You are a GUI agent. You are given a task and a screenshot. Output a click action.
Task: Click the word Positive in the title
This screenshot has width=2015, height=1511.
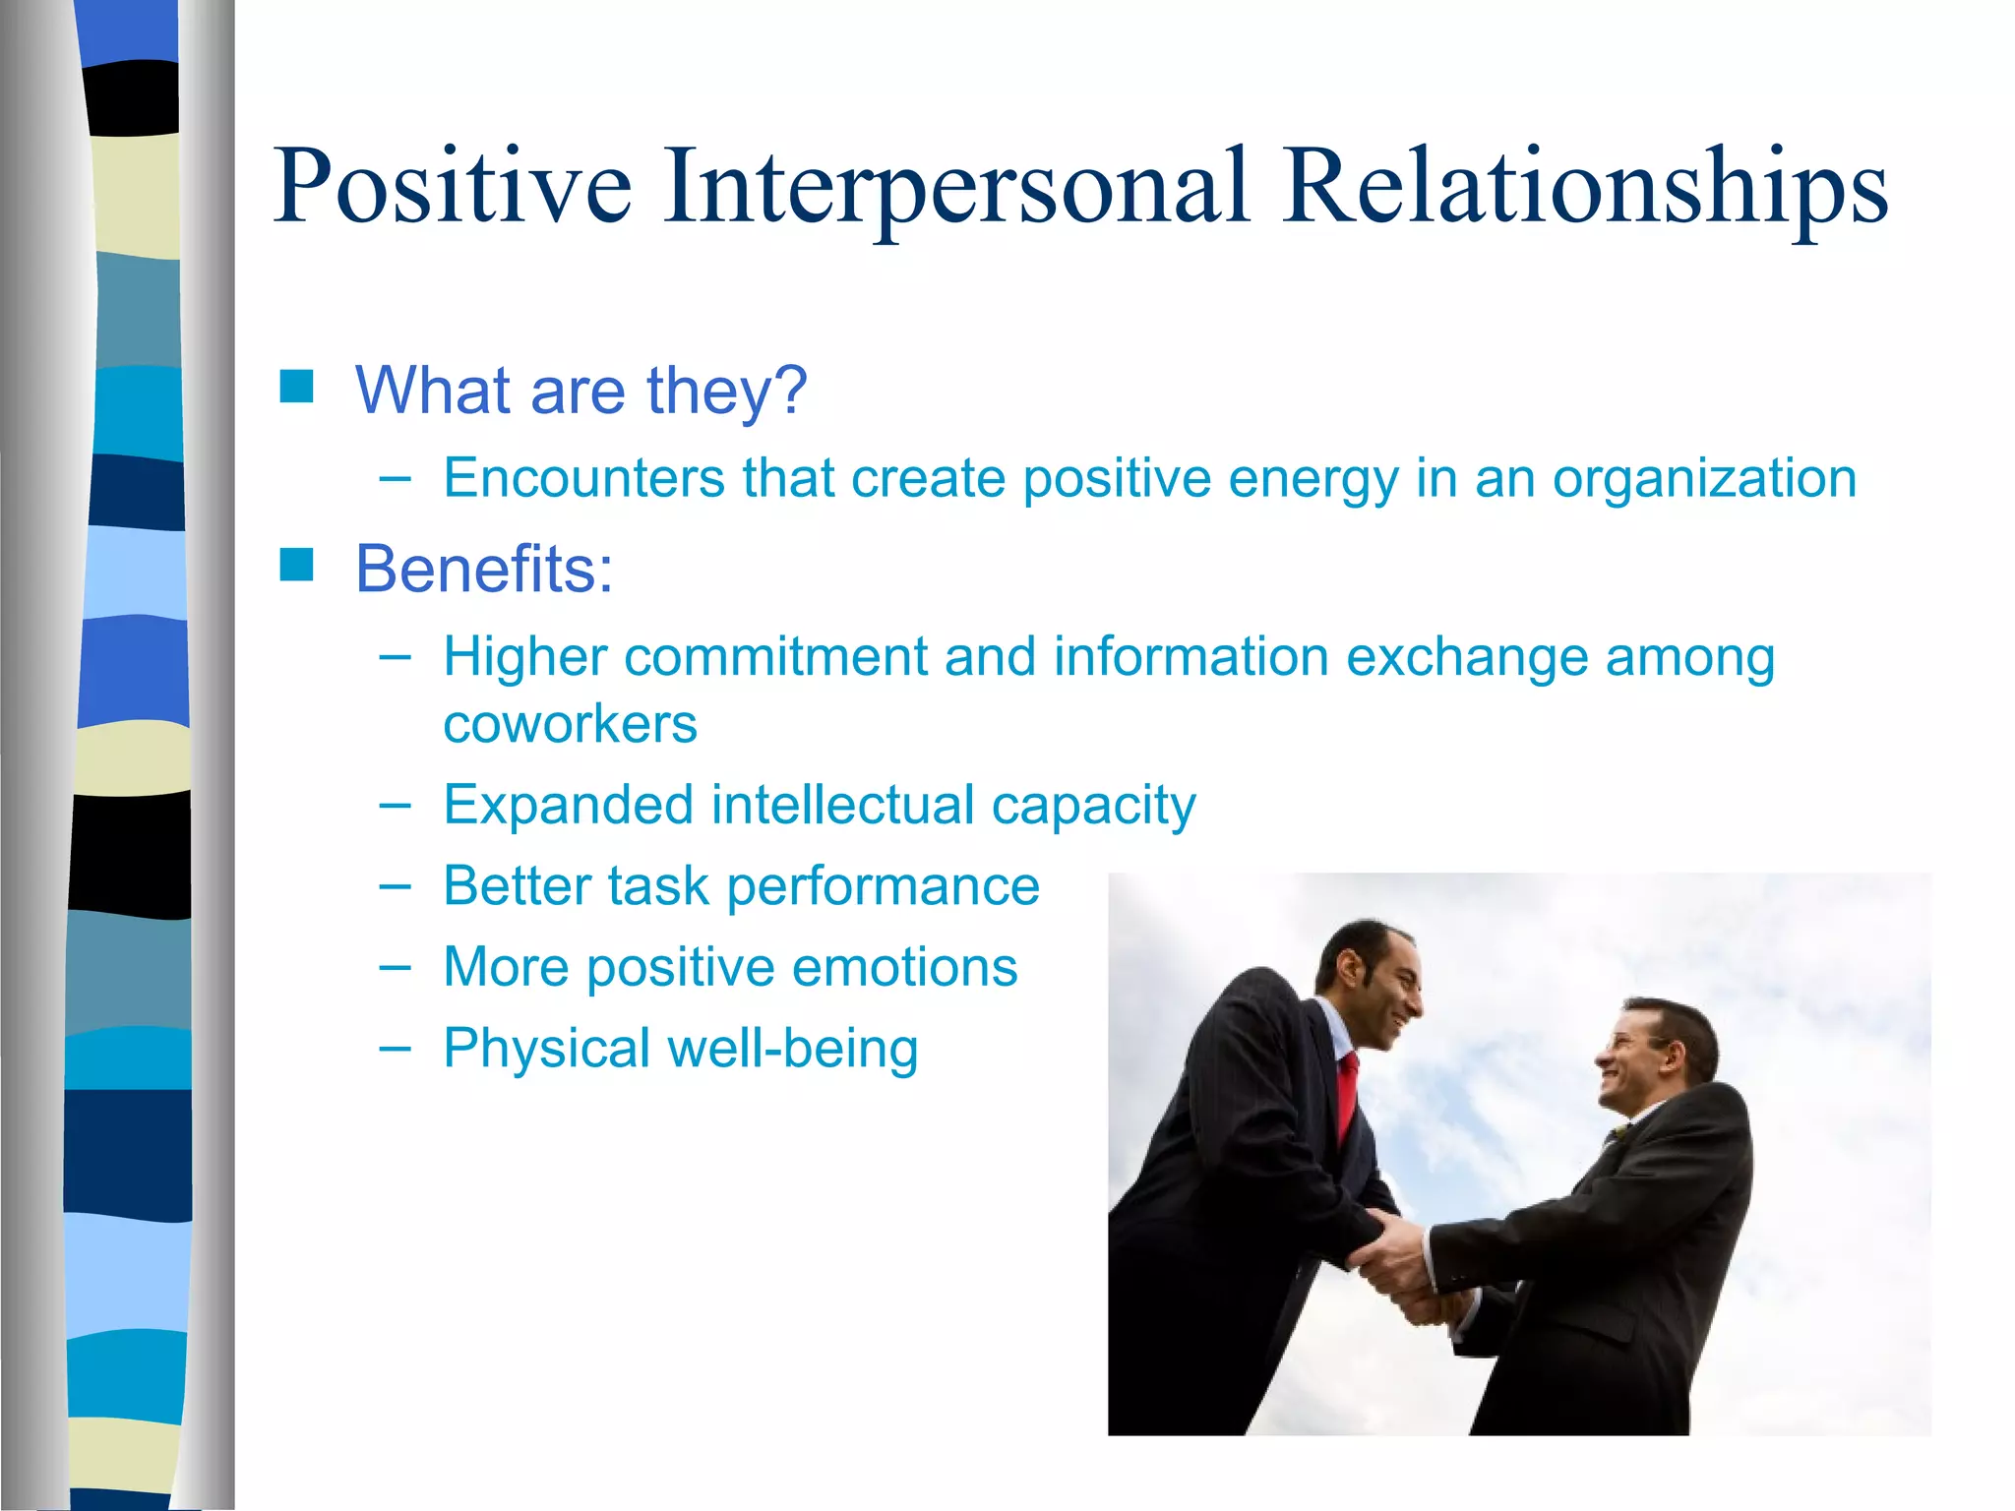[x=453, y=187]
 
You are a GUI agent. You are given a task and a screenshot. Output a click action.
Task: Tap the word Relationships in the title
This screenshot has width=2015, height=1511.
[x=1584, y=187]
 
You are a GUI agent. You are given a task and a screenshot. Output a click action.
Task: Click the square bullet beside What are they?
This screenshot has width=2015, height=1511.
[x=296, y=387]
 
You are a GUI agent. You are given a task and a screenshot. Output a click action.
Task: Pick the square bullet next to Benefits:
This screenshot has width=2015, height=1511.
[x=296, y=566]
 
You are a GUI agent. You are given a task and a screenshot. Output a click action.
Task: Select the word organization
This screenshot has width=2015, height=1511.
[x=1704, y=479]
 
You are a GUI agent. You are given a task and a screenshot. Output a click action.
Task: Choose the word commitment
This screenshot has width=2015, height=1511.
[x=775, y=656]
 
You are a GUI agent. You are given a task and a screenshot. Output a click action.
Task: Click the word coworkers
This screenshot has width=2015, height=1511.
[x=570, y=725]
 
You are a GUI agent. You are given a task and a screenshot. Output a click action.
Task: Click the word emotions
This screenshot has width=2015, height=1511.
[x=904, y=967]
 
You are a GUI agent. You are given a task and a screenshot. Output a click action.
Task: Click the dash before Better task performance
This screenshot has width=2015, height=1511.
[x=395, y=885]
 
